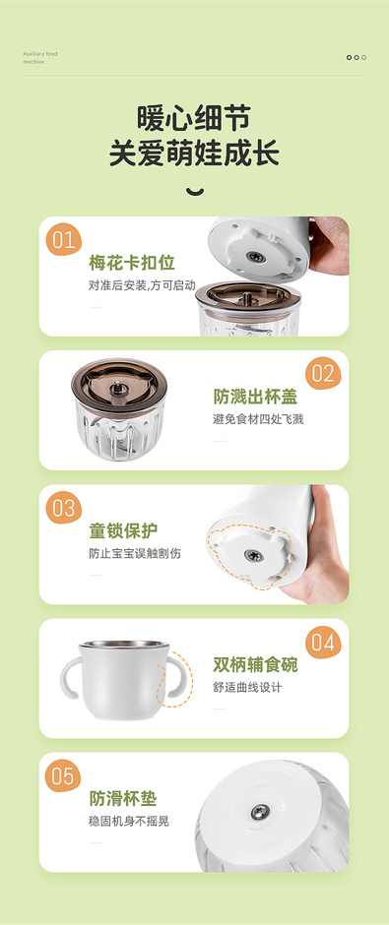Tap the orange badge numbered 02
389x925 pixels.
(x=323, y=373)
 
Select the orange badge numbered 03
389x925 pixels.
(x=64, y=508)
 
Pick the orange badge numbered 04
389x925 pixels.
(x=323, y=642)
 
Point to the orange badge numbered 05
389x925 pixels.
(x=64, y=775)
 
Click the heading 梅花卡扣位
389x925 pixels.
(x=132, y=263)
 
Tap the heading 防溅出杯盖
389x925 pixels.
(x=255, y=397)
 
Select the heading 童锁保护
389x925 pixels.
(x=123, y=531)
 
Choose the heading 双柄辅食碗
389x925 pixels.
(x=255, y=665)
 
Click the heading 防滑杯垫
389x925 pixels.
(x=123, y=799)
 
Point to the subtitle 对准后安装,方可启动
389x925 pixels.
(x=142, y=285)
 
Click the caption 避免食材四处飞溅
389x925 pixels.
(x=258, y=420)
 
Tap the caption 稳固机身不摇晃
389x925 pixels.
(x=129, y=821)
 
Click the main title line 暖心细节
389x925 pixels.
(x=194, y=118)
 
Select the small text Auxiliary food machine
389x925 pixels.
(x=40, y=58)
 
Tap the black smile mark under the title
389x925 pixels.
(x=195, y=192)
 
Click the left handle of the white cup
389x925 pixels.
(x=71, y=678)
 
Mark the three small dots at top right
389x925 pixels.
(x=357, y=57)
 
